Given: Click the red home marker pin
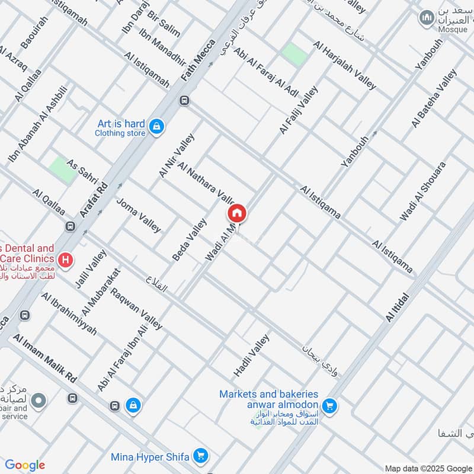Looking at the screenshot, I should (236, 213).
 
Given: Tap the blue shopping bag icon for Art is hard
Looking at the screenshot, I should (156, 127).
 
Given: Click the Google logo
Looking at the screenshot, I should (25, 465).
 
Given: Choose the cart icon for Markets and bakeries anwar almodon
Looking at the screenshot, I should (330, 406).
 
